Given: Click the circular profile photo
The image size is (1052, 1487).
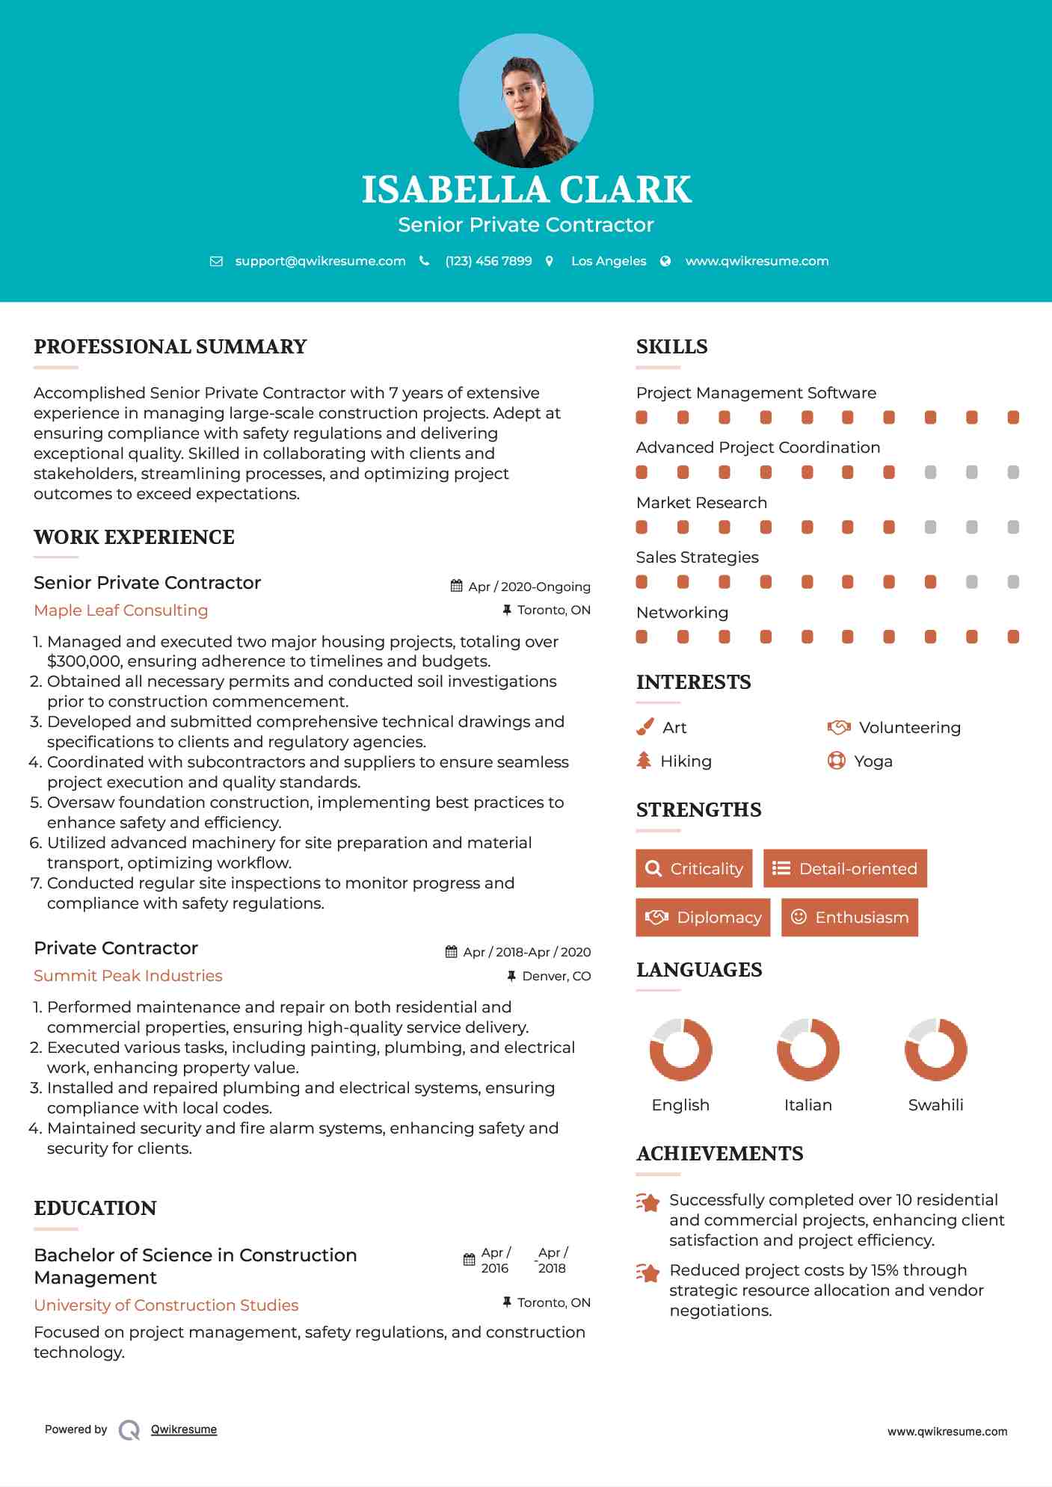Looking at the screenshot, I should pos(526,100).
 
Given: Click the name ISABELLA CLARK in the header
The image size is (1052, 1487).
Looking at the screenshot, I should pos(526,190).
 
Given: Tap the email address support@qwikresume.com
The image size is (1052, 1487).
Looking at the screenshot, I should pos(320,261).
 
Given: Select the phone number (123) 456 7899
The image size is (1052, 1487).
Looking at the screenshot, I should pos(488,261).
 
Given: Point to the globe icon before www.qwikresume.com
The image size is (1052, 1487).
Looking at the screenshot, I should pos(665,261).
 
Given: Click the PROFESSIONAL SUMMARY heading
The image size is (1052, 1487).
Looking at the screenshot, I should pos(170,347).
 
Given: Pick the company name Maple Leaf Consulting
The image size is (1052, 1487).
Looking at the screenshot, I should pos(121,610).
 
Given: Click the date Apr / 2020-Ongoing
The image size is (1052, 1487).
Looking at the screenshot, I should pos(529,587).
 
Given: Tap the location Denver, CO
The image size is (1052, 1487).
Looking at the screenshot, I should pos(556,976).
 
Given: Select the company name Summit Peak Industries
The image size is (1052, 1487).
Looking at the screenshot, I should pos(128,976).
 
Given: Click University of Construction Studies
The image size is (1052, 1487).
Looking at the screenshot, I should pos(166,1305).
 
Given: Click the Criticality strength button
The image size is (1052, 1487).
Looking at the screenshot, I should pos(694,868).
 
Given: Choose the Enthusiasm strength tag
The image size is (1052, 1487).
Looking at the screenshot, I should pos(849,917).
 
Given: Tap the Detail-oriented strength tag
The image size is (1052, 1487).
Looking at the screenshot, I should pos(845,868).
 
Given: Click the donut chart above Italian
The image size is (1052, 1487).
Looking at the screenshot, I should pos(808,1049).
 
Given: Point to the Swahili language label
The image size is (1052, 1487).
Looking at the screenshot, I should pos(935,1105).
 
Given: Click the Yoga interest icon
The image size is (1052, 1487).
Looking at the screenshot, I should pos(836,761).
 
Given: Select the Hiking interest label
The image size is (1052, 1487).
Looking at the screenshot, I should pos(686,761).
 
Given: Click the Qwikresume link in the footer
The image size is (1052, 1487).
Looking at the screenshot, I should pos(184,1429).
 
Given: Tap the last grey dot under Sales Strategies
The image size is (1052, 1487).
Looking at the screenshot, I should pos(1013,582).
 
